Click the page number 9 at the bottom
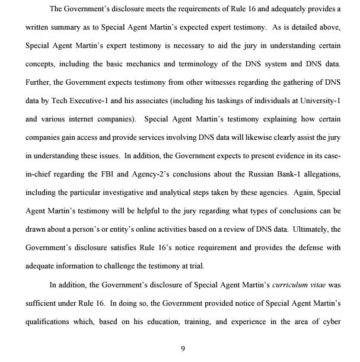183,348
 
